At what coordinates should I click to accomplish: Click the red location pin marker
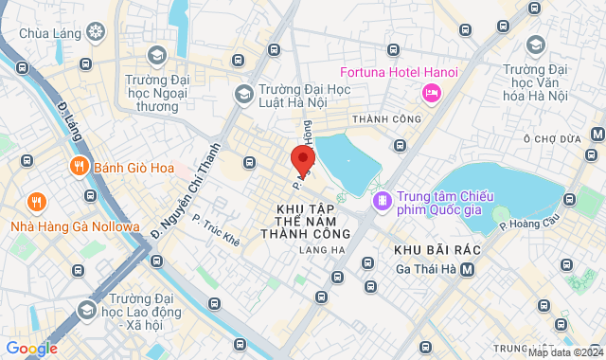click(x=303, y=158)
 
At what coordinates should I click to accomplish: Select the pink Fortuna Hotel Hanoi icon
click(x=431, y=92)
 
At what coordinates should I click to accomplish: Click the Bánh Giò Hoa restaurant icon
click(x=79, y=168)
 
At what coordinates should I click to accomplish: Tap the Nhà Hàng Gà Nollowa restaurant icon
click(x=37, y=201)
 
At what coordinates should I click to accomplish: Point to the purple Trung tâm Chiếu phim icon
click(x=383, y=200)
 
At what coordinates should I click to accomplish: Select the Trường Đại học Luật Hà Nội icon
click(x=243, y=94)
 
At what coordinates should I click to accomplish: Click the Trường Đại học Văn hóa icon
click(x=536, y=45)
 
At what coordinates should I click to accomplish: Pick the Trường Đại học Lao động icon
click(x=86, y=309)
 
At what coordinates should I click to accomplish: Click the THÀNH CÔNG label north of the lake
click(x=385, y=119)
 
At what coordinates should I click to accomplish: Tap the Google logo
click(x=30, y=349)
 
